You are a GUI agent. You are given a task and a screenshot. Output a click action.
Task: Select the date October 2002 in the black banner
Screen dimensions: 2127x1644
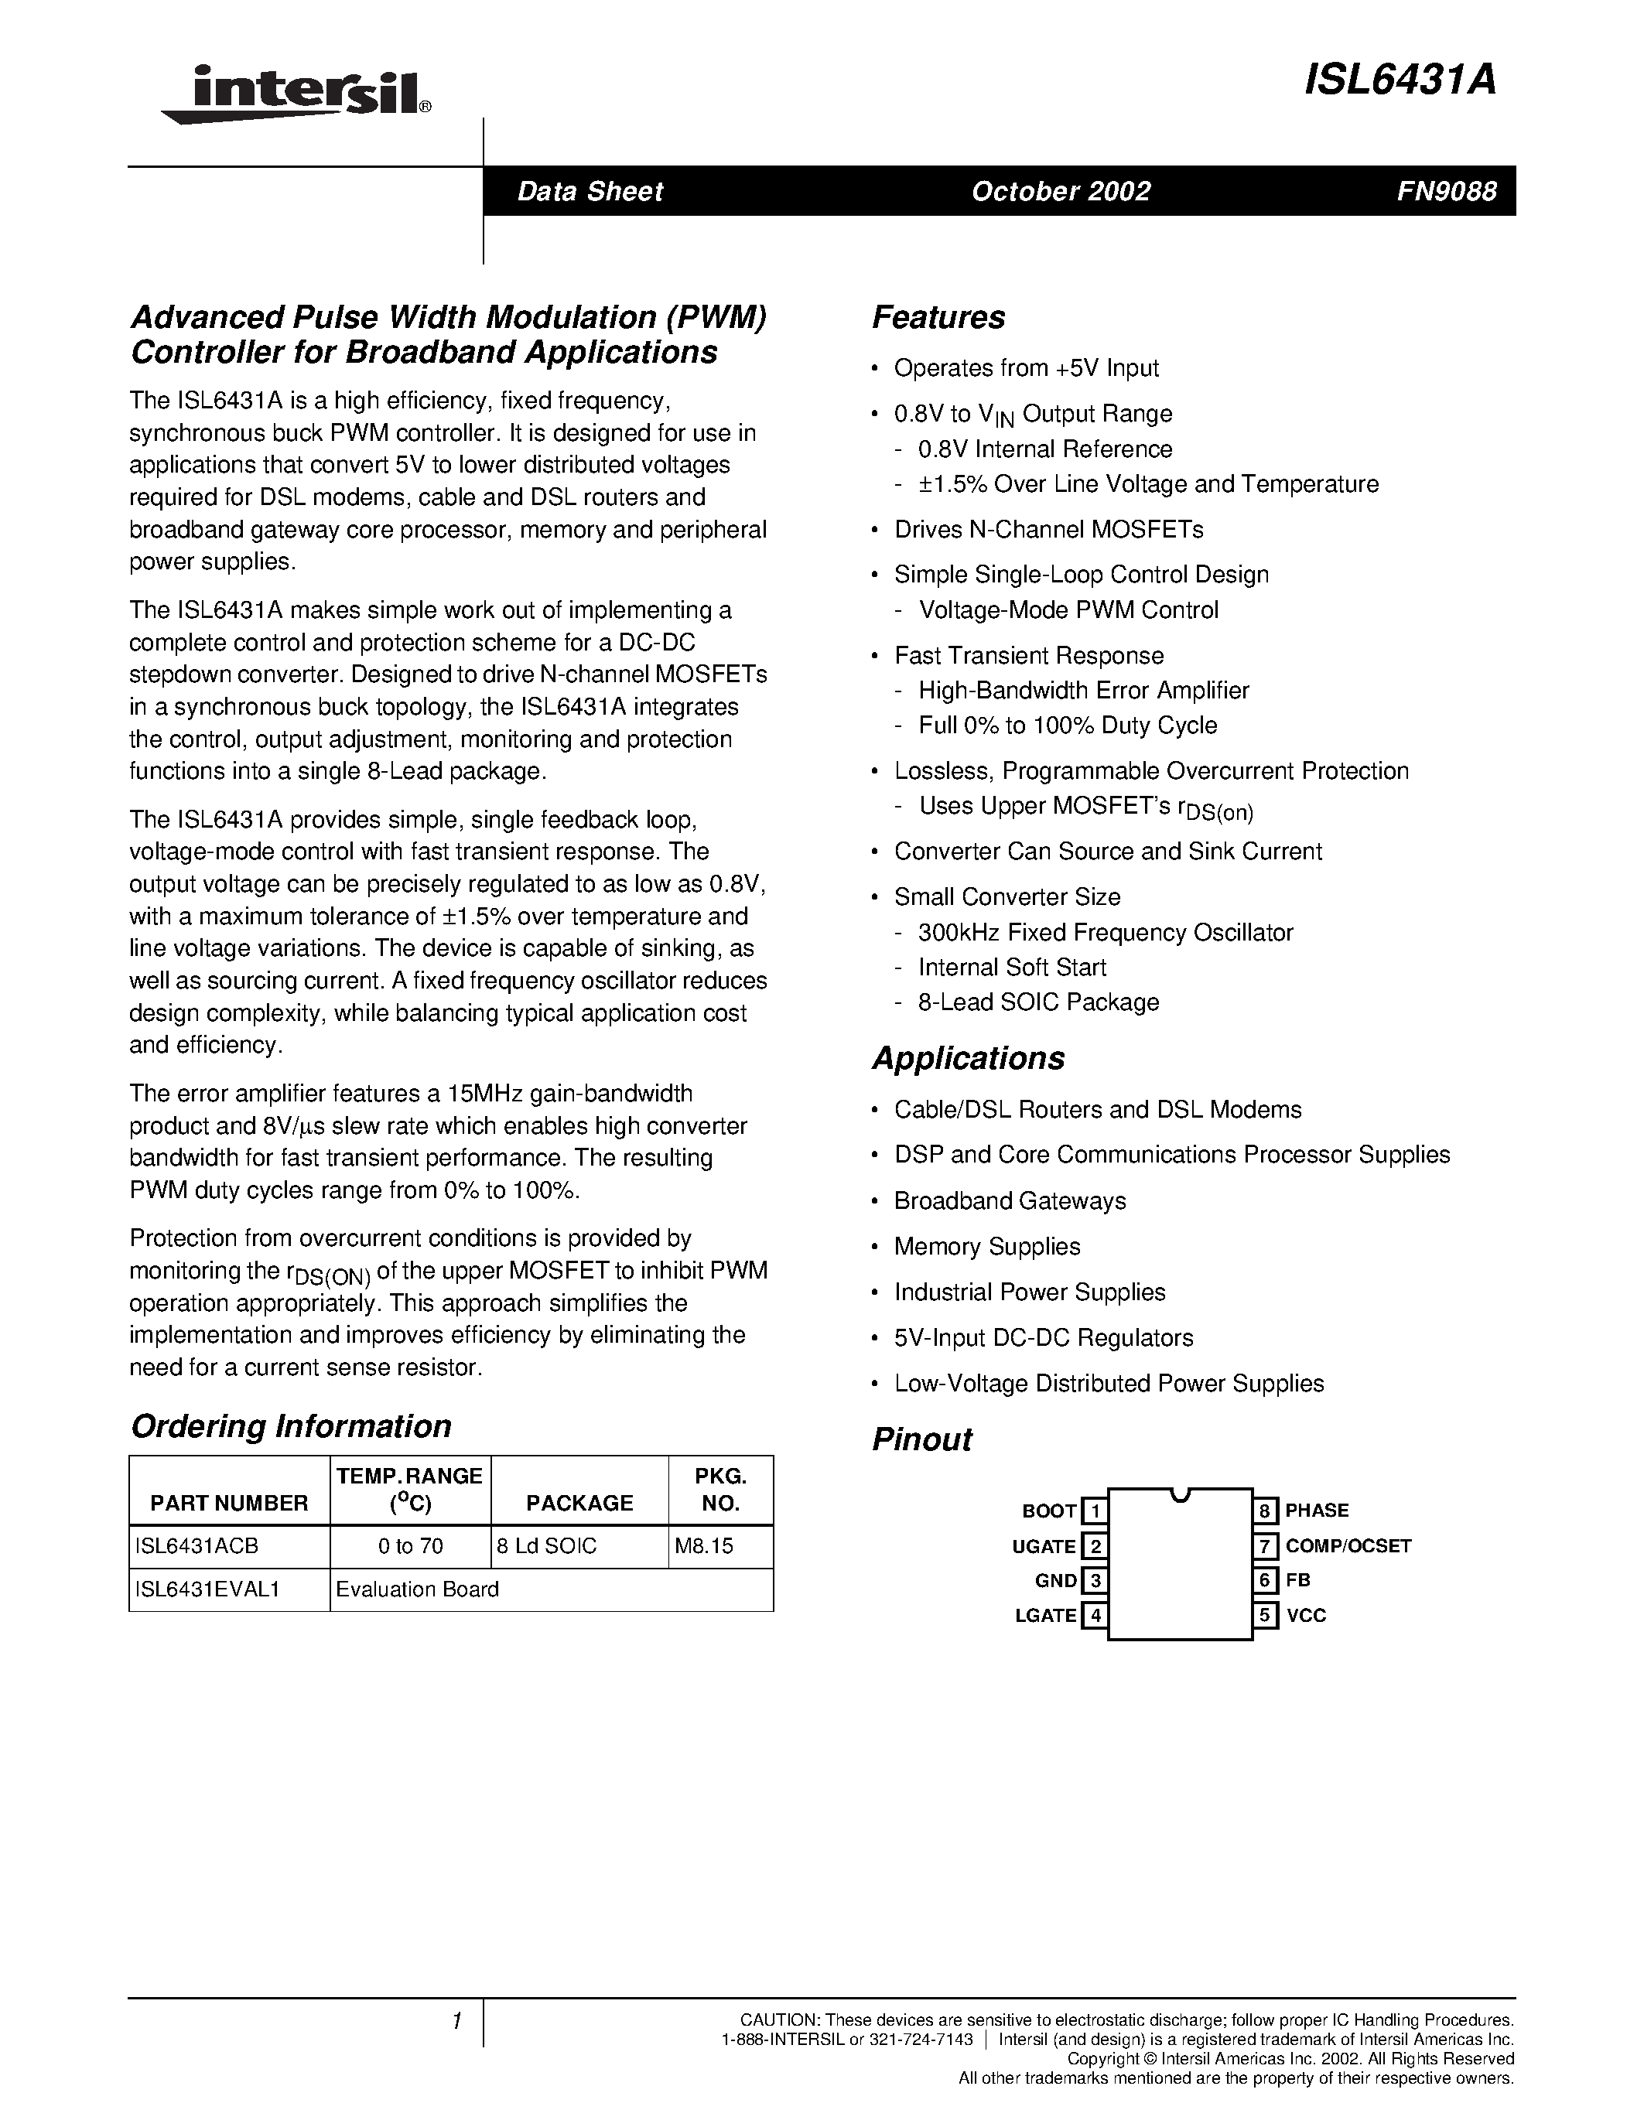1061,191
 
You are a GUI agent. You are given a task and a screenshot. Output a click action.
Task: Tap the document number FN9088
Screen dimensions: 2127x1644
1446,191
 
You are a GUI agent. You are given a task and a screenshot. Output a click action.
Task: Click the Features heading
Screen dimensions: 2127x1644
938,317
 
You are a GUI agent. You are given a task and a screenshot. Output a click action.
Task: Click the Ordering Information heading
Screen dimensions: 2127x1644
291,1425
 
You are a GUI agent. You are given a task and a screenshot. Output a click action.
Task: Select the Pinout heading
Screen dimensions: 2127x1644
921,1439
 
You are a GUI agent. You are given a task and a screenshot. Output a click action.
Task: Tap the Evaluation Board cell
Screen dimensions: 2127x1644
418,1589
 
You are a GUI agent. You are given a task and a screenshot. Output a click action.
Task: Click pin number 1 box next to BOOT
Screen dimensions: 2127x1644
1095,1511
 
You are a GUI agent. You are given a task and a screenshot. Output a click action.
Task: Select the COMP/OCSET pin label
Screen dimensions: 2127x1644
1348,1545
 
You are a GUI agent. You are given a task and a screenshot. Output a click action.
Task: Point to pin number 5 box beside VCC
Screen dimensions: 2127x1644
1265,1615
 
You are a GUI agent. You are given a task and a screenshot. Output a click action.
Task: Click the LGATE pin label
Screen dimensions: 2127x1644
1046,1615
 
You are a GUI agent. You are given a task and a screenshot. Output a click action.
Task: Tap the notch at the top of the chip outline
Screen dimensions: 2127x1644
1180,1494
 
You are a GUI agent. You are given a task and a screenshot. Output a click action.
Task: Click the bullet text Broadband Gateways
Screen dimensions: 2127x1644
1010,1201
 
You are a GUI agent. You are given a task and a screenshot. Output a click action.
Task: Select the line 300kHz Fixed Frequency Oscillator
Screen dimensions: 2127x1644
1106,932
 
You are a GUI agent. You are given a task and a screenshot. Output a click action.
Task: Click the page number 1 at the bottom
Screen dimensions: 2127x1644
456,2021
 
